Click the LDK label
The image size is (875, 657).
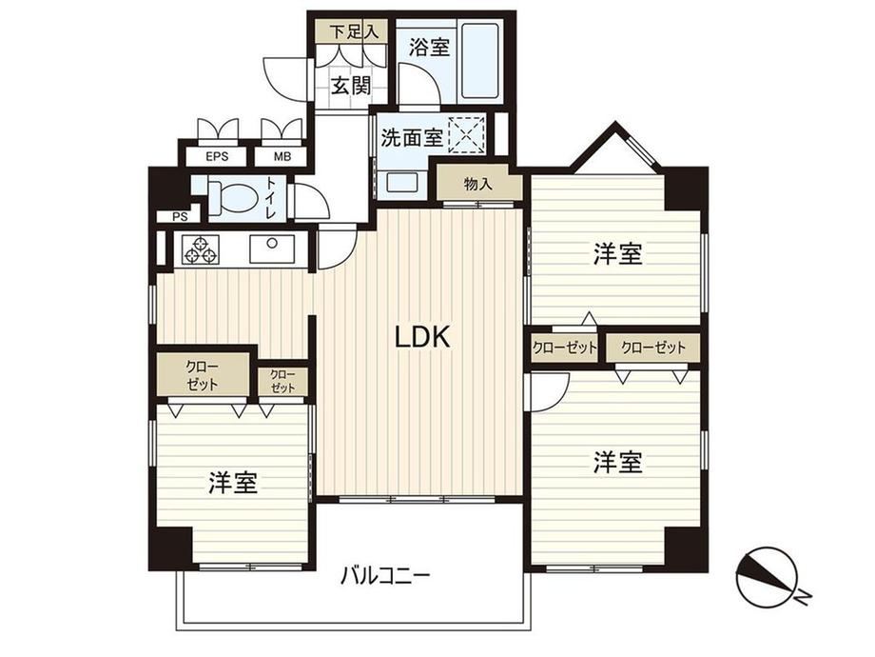pyautogui.click(x=422, y=337)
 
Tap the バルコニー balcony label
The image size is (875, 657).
pyautogui.click(x=385, y=575)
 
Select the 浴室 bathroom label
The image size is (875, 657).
pyautogui.click(x=429, y=47)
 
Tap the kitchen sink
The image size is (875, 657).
pyautogui.click(x=272, y=249)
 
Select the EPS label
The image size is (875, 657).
pyautogui.click(x=217, y=157)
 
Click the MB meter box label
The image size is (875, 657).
pyautogui.click(x=282, y=157)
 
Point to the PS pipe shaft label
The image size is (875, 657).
pyautogui.click(x=180, y=217)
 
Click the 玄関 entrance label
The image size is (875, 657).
pyautogui.click(x=350, y=86)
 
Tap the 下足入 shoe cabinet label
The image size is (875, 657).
pyautogui.click(x=353, y=31)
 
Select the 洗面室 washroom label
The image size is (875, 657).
pyautogui.click(x=412, y=137)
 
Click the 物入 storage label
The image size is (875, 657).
pyautogui.click(x=478, y=184)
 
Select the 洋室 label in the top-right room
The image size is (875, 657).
pyautogui.click(x=617, y=254)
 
